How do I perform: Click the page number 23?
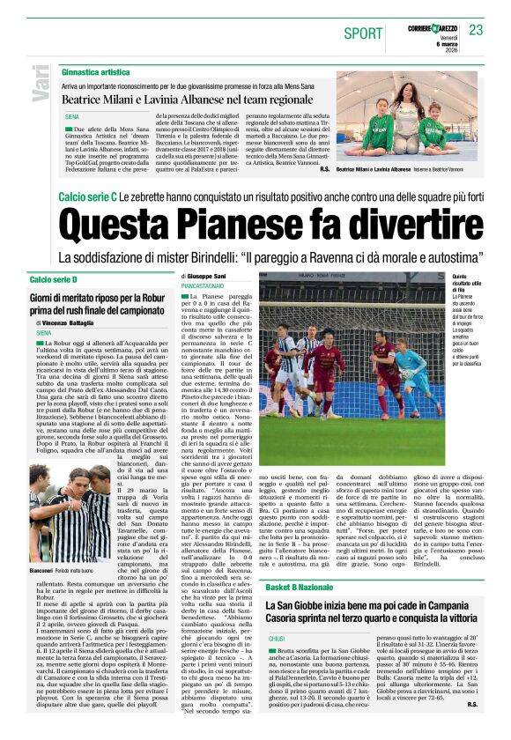tap(476, 31)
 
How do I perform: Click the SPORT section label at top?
tap(363, 33)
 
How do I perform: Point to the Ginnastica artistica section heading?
tap(97, 70)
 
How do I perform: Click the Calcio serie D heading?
tap(54, 279)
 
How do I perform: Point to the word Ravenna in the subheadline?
tap(333, 258)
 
